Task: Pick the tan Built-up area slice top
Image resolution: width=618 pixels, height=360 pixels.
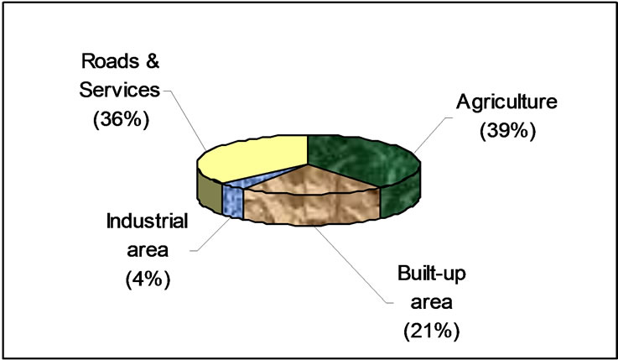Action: [311, 180]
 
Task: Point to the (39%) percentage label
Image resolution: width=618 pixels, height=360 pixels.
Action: [507, 131]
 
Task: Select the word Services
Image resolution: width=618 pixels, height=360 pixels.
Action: [120, 90]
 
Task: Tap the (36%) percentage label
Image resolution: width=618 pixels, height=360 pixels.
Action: [121, 119]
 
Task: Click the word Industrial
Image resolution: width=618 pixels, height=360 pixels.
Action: [147, 222]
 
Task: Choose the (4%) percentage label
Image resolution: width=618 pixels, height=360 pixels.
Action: [148, 279]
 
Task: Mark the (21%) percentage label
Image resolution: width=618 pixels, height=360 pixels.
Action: [432, 331]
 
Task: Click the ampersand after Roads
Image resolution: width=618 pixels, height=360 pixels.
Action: [150, 61]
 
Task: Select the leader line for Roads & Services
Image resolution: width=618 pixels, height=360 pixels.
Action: [184, 120]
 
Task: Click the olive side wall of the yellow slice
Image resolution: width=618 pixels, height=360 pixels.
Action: [210, 191]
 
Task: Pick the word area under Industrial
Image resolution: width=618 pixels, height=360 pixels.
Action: [148, 251]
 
